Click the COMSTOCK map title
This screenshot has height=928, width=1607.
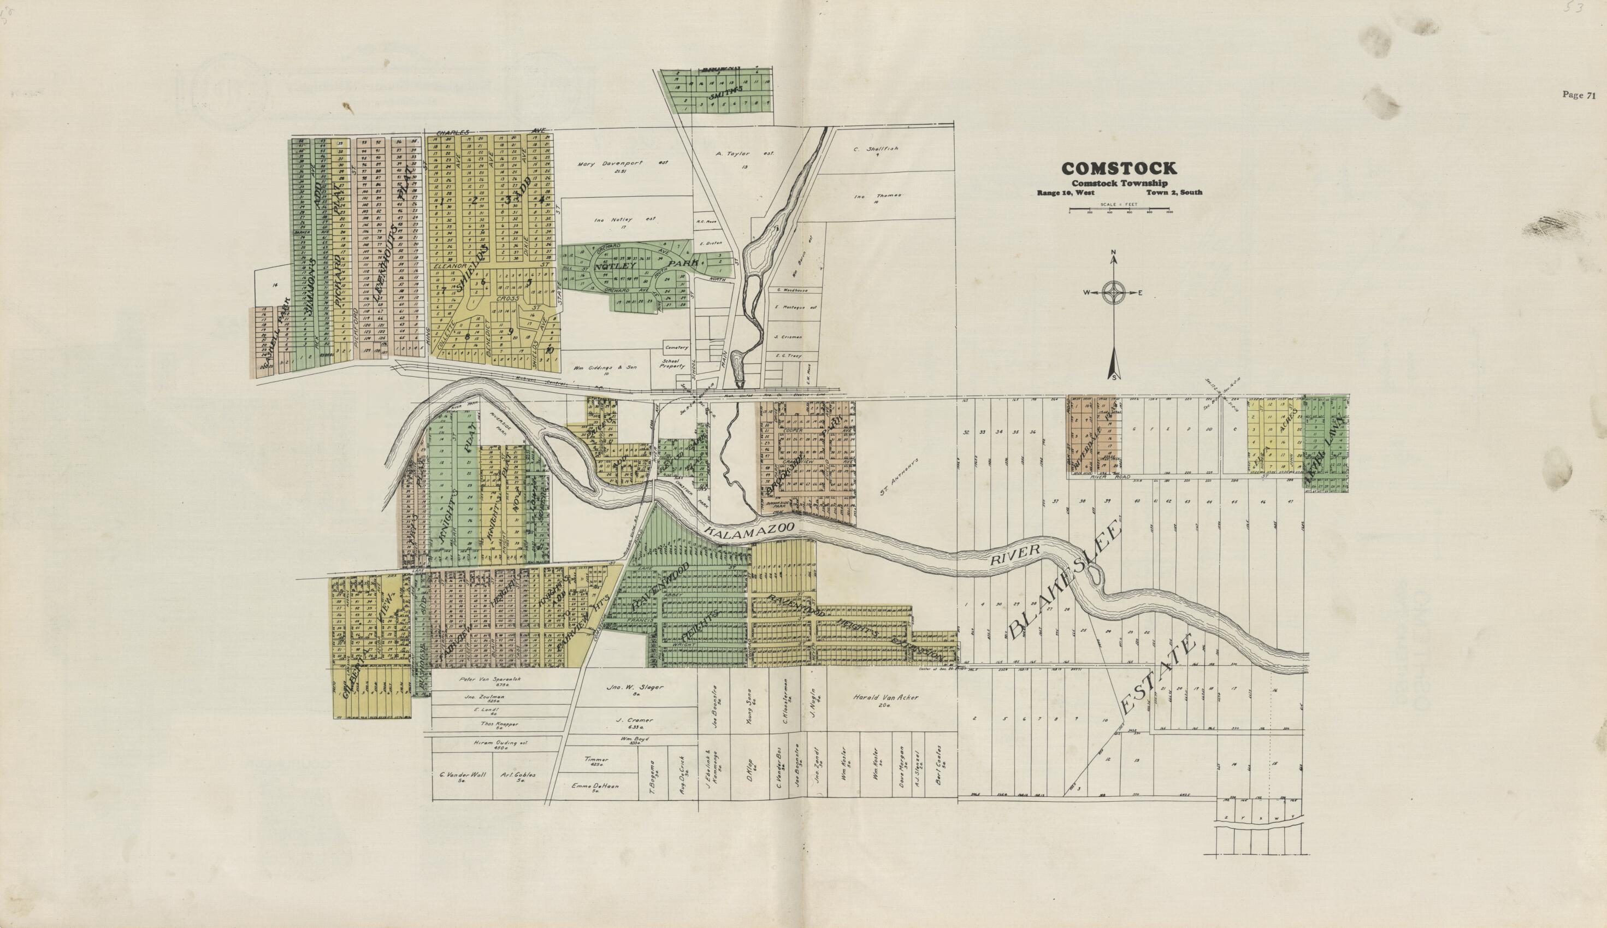pos(1119,168)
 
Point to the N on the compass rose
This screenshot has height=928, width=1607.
pos(1113,259)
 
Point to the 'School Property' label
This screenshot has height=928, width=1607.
pos(672,363)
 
